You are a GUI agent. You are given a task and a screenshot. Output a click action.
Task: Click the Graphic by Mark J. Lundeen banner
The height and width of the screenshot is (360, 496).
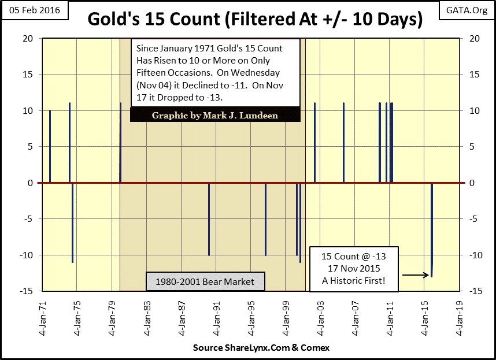pyautogui.click(x=214, y=116)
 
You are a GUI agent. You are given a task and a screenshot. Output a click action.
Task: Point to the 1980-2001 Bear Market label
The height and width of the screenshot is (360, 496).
pyautogui.click(x=205, y=282)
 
